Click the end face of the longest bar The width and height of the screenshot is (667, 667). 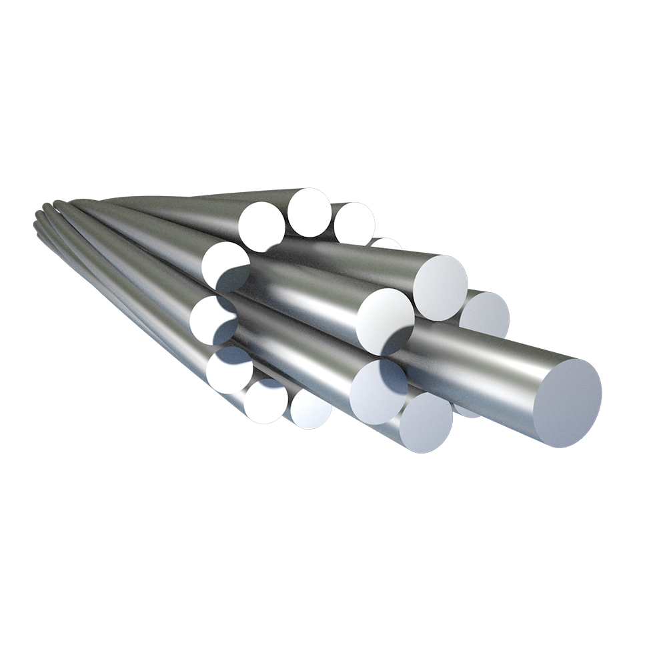568,403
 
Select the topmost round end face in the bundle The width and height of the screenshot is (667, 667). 309,212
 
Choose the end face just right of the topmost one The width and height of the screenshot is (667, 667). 354,223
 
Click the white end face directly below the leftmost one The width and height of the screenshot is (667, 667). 228,369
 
